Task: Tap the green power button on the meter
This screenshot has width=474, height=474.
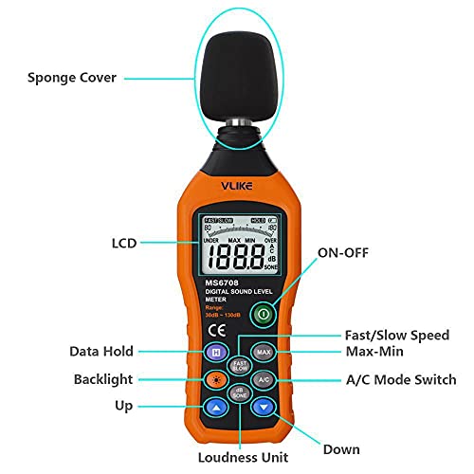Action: pyautogui.click(x=264, y=314)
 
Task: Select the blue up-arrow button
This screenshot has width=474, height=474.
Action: pyautogui.click(x=215, y=408)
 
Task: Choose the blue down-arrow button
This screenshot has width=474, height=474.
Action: pyautogui.click(x=264, y=408)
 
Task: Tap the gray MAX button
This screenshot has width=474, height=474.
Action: pyautogui.click(x=264, y=353)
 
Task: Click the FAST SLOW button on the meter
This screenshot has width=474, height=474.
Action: pyautogui.click(x=240, y=365)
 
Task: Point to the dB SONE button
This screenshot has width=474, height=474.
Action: pyautogui.click(x=240, y=392)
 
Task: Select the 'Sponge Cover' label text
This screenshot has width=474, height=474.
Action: pyautogui.click(x=72, y=77)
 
